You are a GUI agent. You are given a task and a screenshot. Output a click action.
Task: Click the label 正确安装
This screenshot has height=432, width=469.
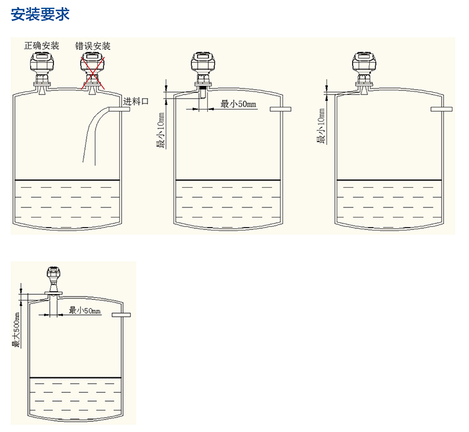pos(42,46)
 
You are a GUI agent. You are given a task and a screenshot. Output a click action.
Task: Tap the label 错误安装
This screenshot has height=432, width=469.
pos(93,46)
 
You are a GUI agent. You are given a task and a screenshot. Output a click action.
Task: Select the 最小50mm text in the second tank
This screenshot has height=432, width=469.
pos(238,105)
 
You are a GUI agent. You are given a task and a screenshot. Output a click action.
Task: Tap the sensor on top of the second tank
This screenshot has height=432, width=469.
pos(202,68)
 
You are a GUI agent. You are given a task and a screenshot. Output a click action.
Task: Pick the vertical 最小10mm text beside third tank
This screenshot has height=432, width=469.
pos(321,126)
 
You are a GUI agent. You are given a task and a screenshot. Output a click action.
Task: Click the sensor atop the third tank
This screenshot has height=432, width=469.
pos(363,68)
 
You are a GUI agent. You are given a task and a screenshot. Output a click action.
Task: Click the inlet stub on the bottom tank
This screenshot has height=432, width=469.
pos(120,314)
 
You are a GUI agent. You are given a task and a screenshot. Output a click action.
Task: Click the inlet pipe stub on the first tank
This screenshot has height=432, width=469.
pos(115,108)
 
